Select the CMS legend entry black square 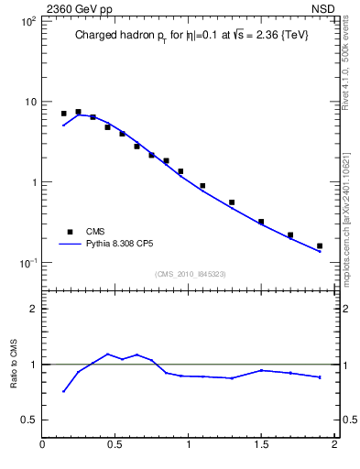(69, 232)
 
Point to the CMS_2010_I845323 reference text (191, 274)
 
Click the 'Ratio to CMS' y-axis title (14, 365)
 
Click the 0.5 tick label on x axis (115, 446)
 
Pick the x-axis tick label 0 (43, 446)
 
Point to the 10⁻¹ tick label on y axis (27, 263)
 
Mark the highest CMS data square (78, 112)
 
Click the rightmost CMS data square (320, 245)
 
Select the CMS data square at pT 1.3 (232, 202)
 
